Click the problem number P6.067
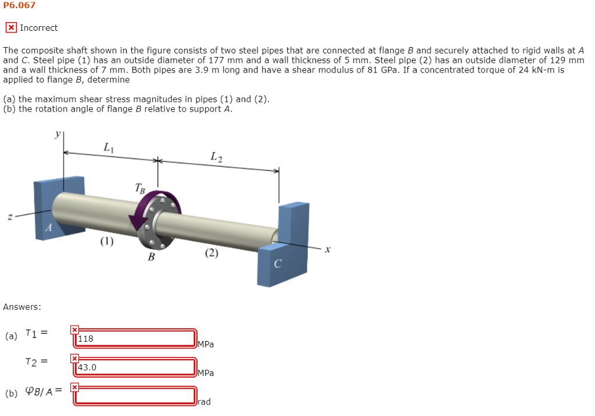(19, 5)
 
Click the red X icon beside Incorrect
(11, 27)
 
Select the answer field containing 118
(135, 338)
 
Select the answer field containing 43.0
(135, 367)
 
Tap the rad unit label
(204, 401)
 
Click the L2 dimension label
(216, 156)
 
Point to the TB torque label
(140, 187)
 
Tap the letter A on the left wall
(49, 229)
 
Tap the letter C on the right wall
(277, 264)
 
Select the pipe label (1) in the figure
(106, 241)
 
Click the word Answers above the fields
(22, 307)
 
